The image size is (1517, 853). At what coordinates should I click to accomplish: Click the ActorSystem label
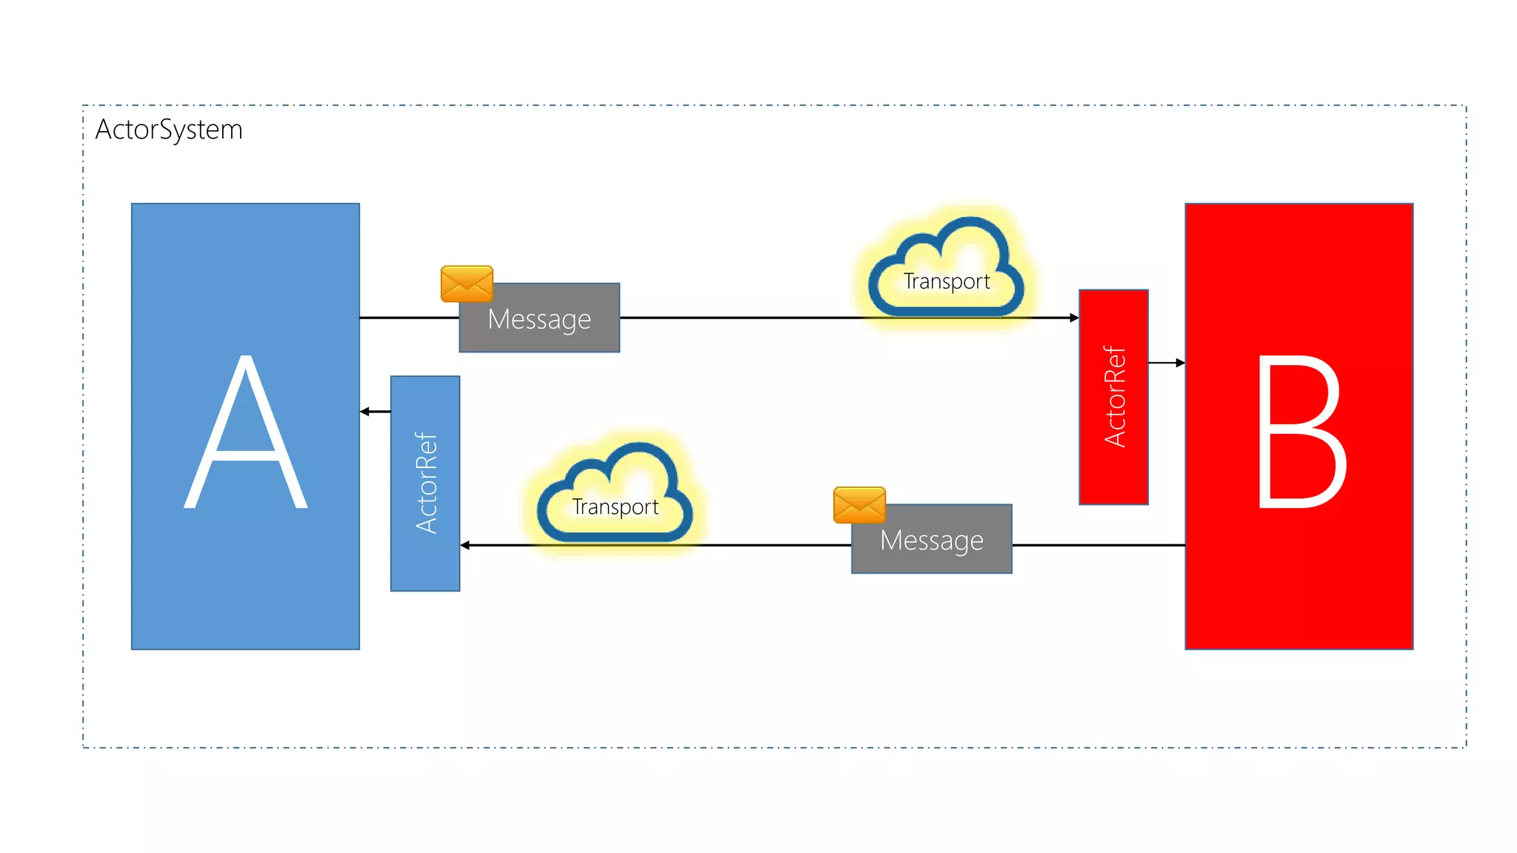[x=169, y=130]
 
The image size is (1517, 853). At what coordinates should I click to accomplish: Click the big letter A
[x=245, y=433]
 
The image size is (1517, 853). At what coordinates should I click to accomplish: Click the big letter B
[x=1301, y=433]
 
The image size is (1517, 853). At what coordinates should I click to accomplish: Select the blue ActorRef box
[x=425, y=484]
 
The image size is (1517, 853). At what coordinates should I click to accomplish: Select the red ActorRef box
[x=1113, y=398]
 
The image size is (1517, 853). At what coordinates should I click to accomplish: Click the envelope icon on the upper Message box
[x=467, y=284]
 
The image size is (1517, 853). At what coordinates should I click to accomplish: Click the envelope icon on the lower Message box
[x=859, y=505]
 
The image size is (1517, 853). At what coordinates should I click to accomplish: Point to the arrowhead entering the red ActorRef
[x=1074, y=318]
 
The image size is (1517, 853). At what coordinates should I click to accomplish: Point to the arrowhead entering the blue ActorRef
[x=465, y=546]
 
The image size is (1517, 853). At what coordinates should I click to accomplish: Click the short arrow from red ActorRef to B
[x=1167, y=363]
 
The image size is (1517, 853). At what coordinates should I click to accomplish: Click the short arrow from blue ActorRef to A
[x=376, y=412]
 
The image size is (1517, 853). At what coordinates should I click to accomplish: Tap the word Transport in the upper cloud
[x=947, y=282]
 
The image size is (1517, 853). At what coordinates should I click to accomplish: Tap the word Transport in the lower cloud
[x=615, y=507]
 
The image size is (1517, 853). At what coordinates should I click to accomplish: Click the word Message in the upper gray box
[x=539, y=320]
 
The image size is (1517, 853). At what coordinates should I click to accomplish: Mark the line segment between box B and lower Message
[x=1098, y=546]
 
